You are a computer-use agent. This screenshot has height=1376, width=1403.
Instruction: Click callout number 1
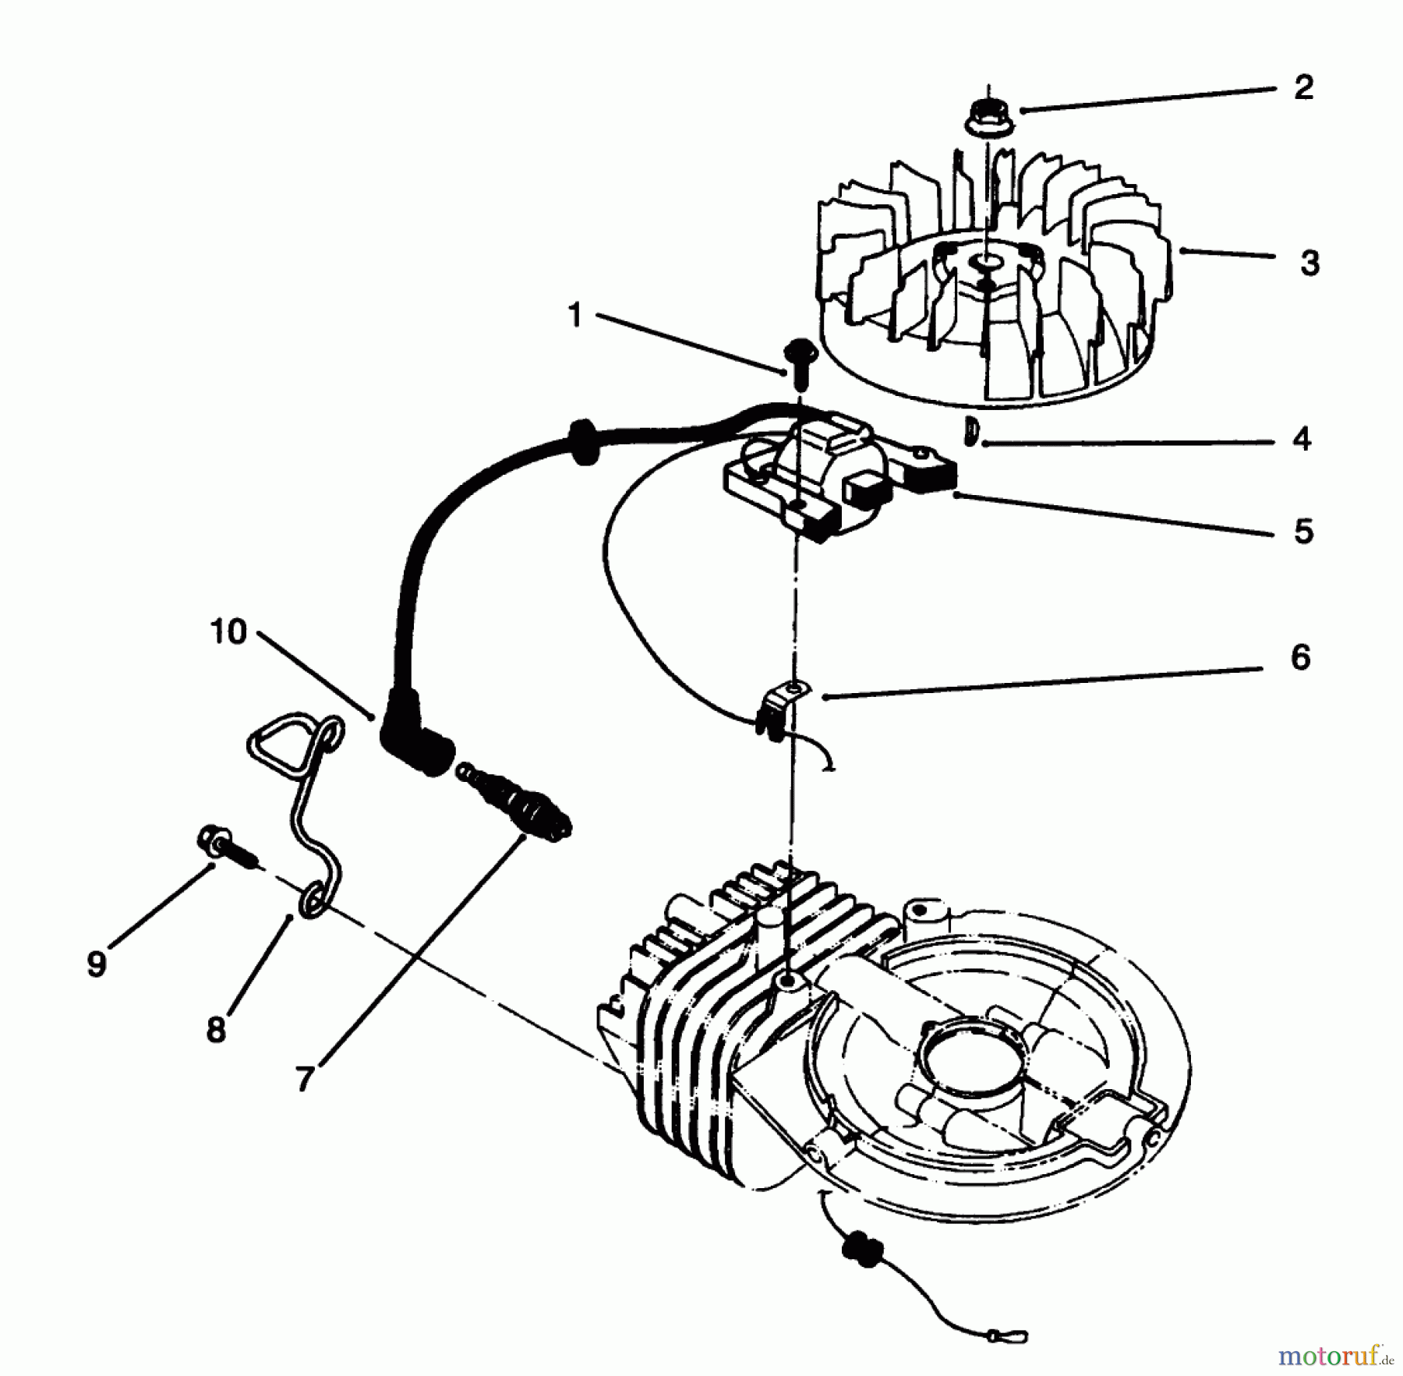(x=575, y=316)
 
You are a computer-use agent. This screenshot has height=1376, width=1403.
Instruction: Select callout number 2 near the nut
(x=1303, y=87)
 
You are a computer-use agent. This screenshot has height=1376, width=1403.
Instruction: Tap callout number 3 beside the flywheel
(x=1309, y=264)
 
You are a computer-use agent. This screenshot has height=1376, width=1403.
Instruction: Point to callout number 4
(x=1302, y=440)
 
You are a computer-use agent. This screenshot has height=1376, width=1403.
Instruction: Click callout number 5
(x=1303, y=532)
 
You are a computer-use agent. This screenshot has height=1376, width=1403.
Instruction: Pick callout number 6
(x=1300, y=657)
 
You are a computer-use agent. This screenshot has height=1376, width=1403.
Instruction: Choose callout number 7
(x=305, y=1078)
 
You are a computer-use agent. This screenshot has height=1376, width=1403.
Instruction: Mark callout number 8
(x=216, y=1030)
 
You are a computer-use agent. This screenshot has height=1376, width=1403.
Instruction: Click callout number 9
(x=96, y=964)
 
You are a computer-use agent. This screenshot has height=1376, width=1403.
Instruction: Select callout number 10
(x=228, y=631)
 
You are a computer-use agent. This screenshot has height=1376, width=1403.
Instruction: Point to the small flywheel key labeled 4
(x=970, y=430)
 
